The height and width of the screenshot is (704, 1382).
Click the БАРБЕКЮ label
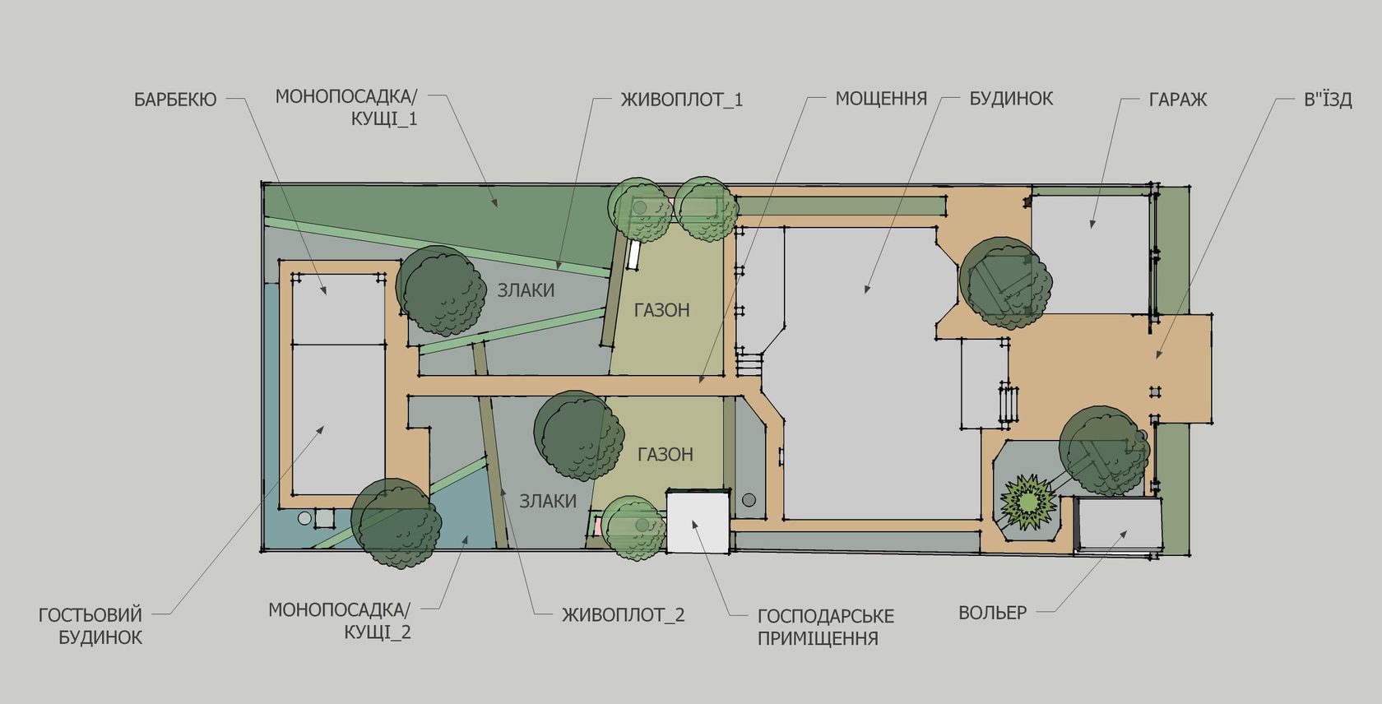(175, 100)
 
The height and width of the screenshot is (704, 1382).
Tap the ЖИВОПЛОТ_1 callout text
(682, 100)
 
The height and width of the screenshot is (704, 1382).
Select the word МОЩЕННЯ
(881, 99)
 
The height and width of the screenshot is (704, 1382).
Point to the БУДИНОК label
(1011, 99)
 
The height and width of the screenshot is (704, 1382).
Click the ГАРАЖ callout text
(1178, 100)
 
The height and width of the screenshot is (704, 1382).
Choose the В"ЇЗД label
(1328, 100)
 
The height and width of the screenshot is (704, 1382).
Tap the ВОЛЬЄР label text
(993, 613)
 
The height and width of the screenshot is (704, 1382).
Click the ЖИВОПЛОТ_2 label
(624, 615)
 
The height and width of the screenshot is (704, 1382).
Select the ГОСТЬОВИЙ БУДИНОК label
(90, 626)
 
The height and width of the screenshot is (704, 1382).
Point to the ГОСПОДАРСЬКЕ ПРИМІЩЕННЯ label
(826, 627)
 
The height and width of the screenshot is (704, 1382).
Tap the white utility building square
(698, 521)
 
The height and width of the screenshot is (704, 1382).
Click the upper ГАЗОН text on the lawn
(662, 310)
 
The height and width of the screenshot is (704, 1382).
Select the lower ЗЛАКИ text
(548, 501)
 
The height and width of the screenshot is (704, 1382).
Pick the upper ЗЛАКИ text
(526, 290)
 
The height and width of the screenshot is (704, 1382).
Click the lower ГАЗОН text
(665, 455)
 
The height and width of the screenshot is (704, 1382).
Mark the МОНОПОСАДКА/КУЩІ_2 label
(339, 621)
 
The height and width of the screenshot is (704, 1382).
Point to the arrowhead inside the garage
(1092, 225)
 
